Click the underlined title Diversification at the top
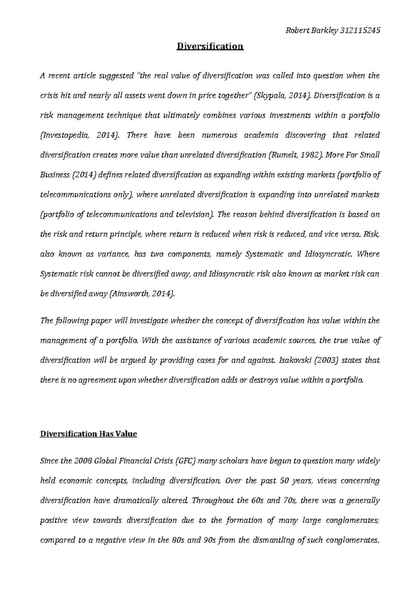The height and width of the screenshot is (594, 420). (210, 47)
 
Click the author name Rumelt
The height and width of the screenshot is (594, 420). (282, 155)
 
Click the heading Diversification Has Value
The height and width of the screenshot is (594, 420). (89, 434)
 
